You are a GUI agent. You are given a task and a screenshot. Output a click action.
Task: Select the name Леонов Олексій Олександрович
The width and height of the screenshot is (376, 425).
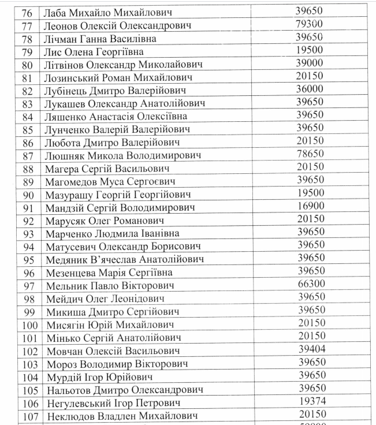[x=117, y=26]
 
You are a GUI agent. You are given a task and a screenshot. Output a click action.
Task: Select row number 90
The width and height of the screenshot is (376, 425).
[x=29, y=195]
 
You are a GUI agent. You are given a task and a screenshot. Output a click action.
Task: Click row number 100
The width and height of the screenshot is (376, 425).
[x=29, y=325]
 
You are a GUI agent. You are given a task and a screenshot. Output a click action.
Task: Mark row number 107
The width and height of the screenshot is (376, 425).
[x=29, y=416]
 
